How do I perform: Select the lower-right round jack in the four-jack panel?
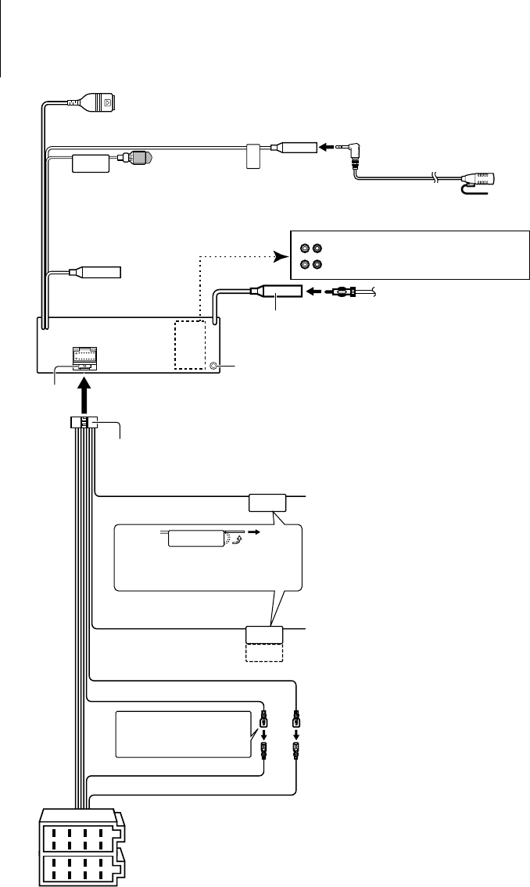317,264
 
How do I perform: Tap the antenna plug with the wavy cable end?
346,293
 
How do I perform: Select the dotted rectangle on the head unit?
189,345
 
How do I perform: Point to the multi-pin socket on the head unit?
84,357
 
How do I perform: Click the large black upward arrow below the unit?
84,391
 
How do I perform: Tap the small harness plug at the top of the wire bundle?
84,422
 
